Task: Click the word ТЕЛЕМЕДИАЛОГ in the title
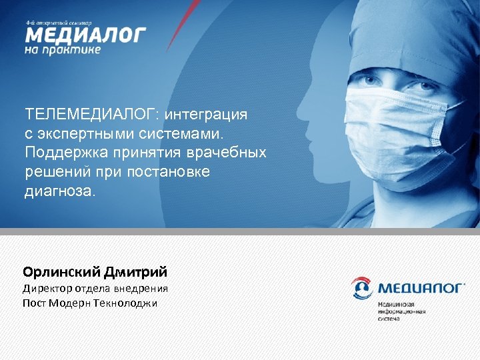(81, 115)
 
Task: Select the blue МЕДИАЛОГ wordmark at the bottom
(420, 289)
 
